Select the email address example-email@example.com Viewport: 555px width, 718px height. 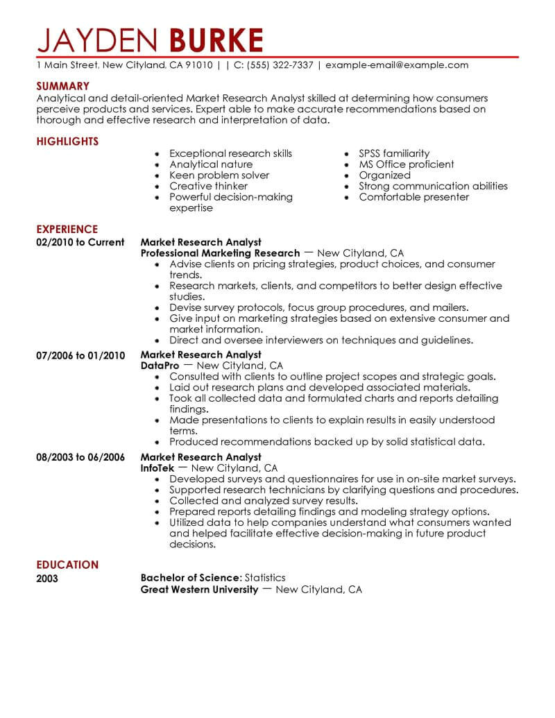pyautogui.click(x=397, y=65)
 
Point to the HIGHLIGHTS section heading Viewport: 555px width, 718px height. pyautogui.click(x=67, y=142)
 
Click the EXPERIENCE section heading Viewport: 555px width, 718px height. pyautogui.click(x=67, y=229)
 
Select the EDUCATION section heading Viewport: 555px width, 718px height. pyautogui.click(x=67, y=565)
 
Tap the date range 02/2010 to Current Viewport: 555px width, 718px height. pyautogui.click(x=80, y=242)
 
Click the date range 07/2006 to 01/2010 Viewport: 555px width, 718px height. pyautogui.click(x=80, y=355)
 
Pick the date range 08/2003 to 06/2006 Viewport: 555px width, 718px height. pyautogui.click(x=80, y=457)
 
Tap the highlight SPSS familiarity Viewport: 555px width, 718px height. pyautogui.click(x=394, y=153)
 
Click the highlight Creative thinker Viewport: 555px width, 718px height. pyautogui.click(x=208, y=186)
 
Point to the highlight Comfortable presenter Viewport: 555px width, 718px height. pyautogui.click(x=413, y=197)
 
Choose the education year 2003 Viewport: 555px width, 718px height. pyautogui.click(x=47, y=578)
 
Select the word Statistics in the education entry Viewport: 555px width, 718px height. pyautogui.click(x=265, y=577)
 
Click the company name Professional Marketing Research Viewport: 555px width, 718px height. pyautogui.click(x=220, y=253)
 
